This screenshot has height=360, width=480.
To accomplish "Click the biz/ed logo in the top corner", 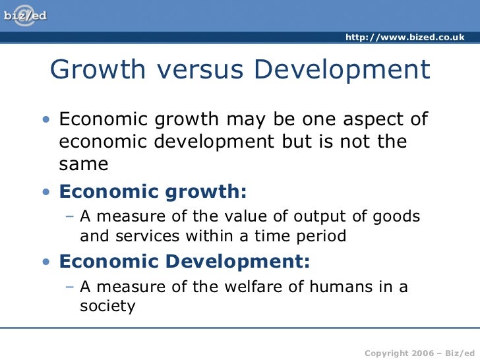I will pyautogui.click(x=26, y=15).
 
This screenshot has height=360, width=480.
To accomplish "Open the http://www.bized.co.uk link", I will pyautogui.click(x=405, y=37).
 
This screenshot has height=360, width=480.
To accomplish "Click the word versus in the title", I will pyautogui.click(x=198, y=70).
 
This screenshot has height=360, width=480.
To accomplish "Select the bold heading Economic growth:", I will pyautogui.click(x=153, y=192).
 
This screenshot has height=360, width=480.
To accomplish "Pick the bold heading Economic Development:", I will pyautogui.click(x=184, y=262).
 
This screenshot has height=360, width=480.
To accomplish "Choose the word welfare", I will pyautogui.click(x=240, y=287).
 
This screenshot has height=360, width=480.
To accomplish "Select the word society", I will pyautogui.click(x=107, y=306).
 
